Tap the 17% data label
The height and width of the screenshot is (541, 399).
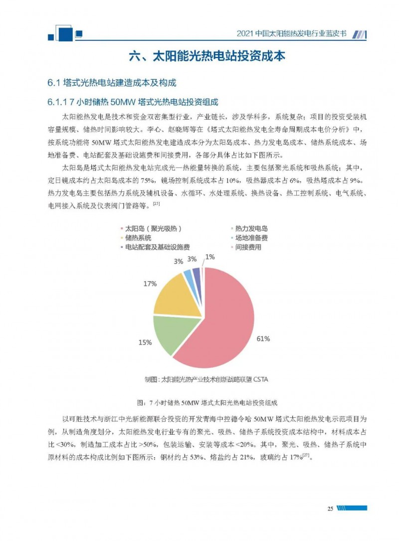tap(149, 283)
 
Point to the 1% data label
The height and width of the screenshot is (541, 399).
tap(210, 257)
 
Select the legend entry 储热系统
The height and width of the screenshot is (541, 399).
tap(138, 238)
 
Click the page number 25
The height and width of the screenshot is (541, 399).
tap(330, 508)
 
